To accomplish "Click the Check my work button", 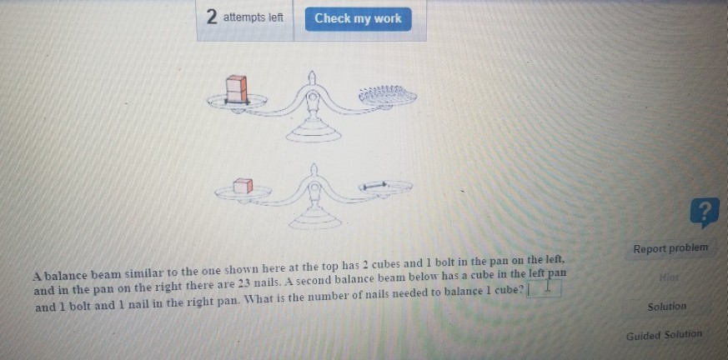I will tap(358, 18).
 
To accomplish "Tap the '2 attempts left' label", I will tap(245, 17).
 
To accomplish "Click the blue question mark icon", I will tap(705, 214).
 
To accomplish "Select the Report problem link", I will tap(670, 248).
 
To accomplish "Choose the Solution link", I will tap(666, 307).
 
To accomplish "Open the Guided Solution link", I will tap(664, 335).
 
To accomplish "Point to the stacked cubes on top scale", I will tap(237, 89).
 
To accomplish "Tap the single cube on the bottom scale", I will tap(242, 186).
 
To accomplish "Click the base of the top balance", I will tap(313, 133).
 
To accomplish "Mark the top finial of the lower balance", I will tap(314, 170).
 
